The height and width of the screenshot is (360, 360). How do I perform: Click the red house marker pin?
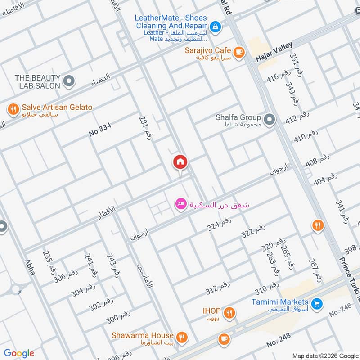(180, 162)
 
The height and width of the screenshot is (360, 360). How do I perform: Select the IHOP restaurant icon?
(229, 312)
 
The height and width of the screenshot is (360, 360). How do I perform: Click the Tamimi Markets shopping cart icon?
(317, 304)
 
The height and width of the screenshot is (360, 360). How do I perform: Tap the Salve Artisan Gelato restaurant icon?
(13, 108)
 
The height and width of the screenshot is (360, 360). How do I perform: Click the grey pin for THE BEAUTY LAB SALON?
(68, 81)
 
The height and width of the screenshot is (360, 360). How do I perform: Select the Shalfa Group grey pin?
(269, 119)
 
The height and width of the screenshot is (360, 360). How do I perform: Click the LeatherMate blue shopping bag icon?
(216, 27)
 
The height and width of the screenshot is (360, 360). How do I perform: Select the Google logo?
(19, 353)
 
